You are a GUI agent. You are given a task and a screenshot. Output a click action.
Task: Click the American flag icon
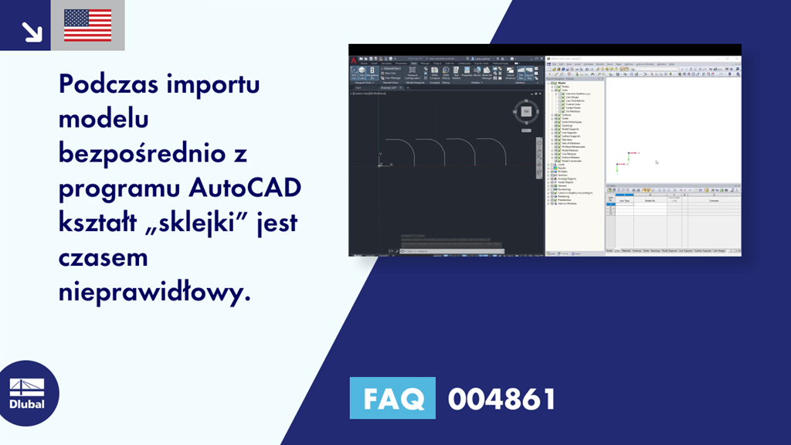(x=87, y=25)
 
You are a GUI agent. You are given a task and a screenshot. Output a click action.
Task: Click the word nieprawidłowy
(x=154, y=292)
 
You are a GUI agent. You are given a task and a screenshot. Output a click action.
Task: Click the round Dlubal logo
(x=30, y=393)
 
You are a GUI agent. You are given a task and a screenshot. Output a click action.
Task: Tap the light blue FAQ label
(x=392, y=399)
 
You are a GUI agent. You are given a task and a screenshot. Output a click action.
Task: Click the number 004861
(x=501, y=399)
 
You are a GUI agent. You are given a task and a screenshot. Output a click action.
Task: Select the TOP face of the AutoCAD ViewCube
(x=526, y=111)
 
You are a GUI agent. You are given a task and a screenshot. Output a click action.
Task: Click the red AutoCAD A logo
(x=352, y=59)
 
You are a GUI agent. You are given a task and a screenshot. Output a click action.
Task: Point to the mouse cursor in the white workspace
(x=657, y=162)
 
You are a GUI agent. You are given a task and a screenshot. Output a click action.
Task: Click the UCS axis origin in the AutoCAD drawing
(x=380, y=165)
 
